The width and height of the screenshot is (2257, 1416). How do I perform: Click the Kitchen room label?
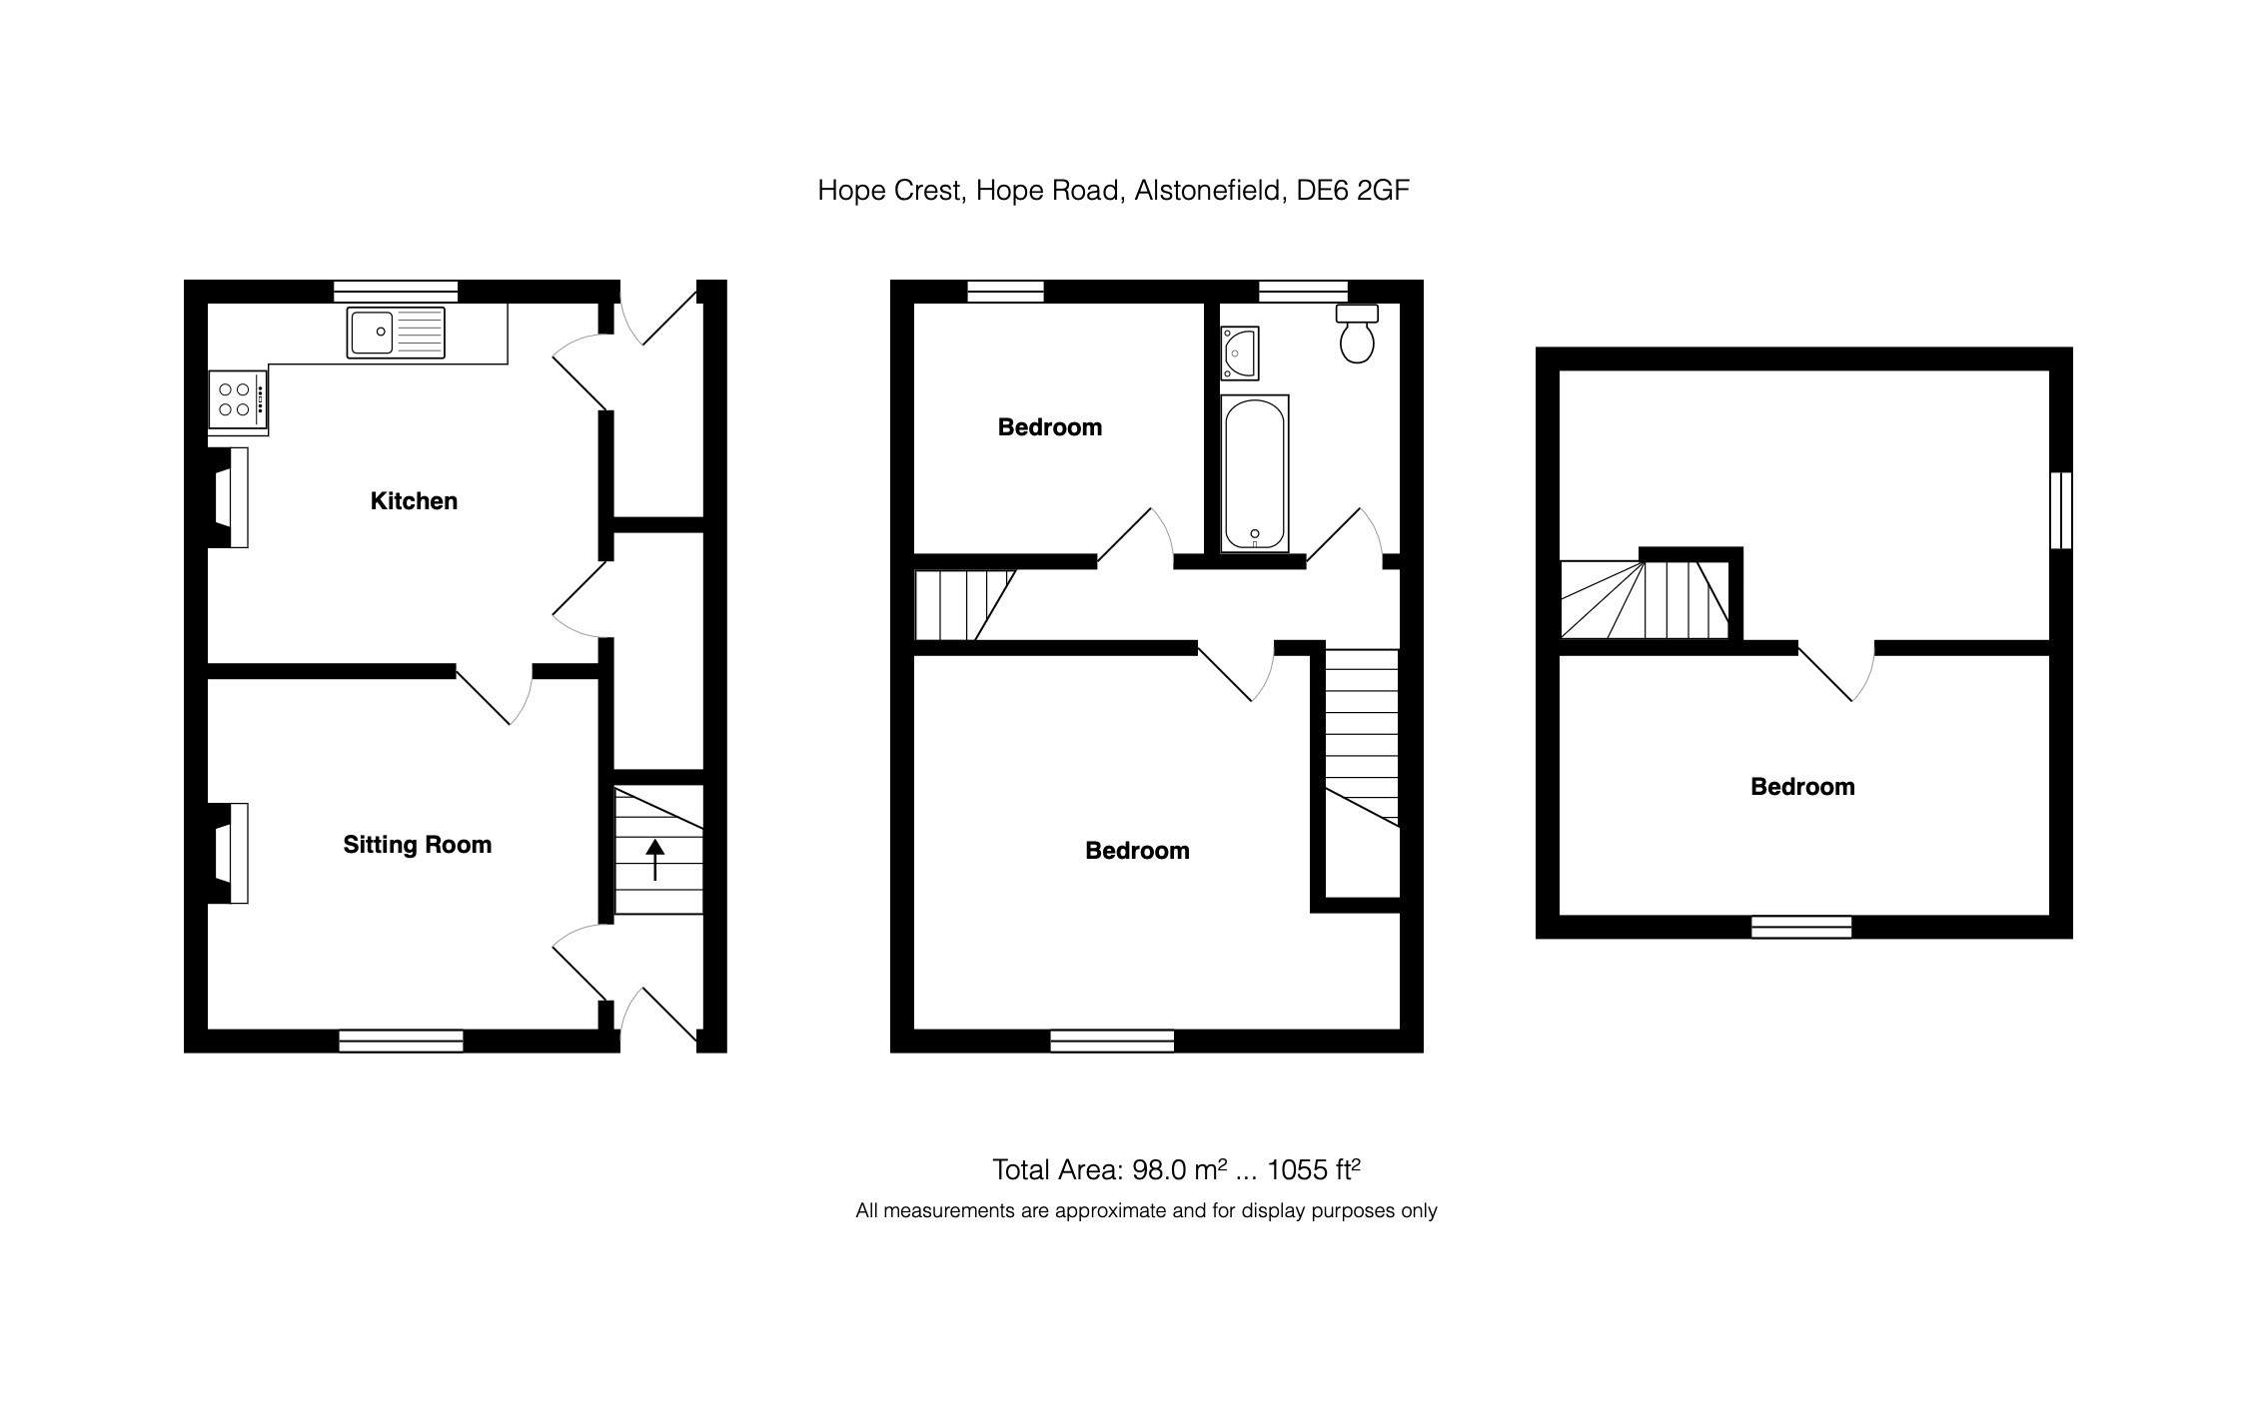point(414,501)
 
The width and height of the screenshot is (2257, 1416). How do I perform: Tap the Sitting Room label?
point(417,845)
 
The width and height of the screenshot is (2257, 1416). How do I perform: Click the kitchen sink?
point(396,333)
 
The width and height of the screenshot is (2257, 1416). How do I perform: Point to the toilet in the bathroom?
point(1357,335)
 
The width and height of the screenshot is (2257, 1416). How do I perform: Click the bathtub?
point(1254,473)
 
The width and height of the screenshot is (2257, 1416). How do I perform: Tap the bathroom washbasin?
point(1239,353)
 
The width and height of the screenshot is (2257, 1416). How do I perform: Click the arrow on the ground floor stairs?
point(655,859)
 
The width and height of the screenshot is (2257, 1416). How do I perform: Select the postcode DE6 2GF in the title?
point(1352,190)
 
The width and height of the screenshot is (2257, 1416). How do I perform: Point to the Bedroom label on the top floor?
point(1802,787)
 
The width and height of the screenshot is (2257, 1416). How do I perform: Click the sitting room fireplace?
point(231,854)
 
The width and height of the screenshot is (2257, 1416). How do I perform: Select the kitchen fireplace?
point(231,498)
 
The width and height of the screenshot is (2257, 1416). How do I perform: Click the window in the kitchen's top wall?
point(396,292)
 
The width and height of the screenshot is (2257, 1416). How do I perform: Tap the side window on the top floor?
point(2060,510)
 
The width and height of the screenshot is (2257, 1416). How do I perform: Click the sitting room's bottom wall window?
point(401,1042)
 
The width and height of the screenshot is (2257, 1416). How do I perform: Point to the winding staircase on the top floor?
point(1645,599)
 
